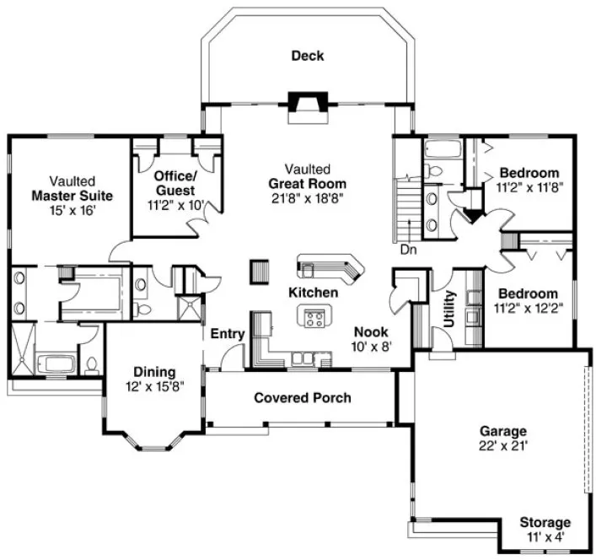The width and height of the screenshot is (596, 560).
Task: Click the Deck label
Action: tap(307, 57)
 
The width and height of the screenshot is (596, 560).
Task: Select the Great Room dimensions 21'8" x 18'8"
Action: tap(307, 198)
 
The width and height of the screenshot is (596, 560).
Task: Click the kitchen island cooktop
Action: tap(314, 319)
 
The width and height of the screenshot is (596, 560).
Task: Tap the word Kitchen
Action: tap(313, 293)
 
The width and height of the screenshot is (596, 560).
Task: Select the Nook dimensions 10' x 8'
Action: tap(370, 346)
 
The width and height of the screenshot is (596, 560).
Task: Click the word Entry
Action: tap(228, 334)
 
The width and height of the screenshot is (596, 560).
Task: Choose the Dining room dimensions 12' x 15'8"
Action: tap(153, 386)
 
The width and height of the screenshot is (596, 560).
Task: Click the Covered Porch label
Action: tap(302, 397)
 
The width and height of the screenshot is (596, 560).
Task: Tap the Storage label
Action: tap(544, 523)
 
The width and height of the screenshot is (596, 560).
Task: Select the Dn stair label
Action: tap(408, 250)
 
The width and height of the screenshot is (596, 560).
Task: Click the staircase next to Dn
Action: tap(408, 211)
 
